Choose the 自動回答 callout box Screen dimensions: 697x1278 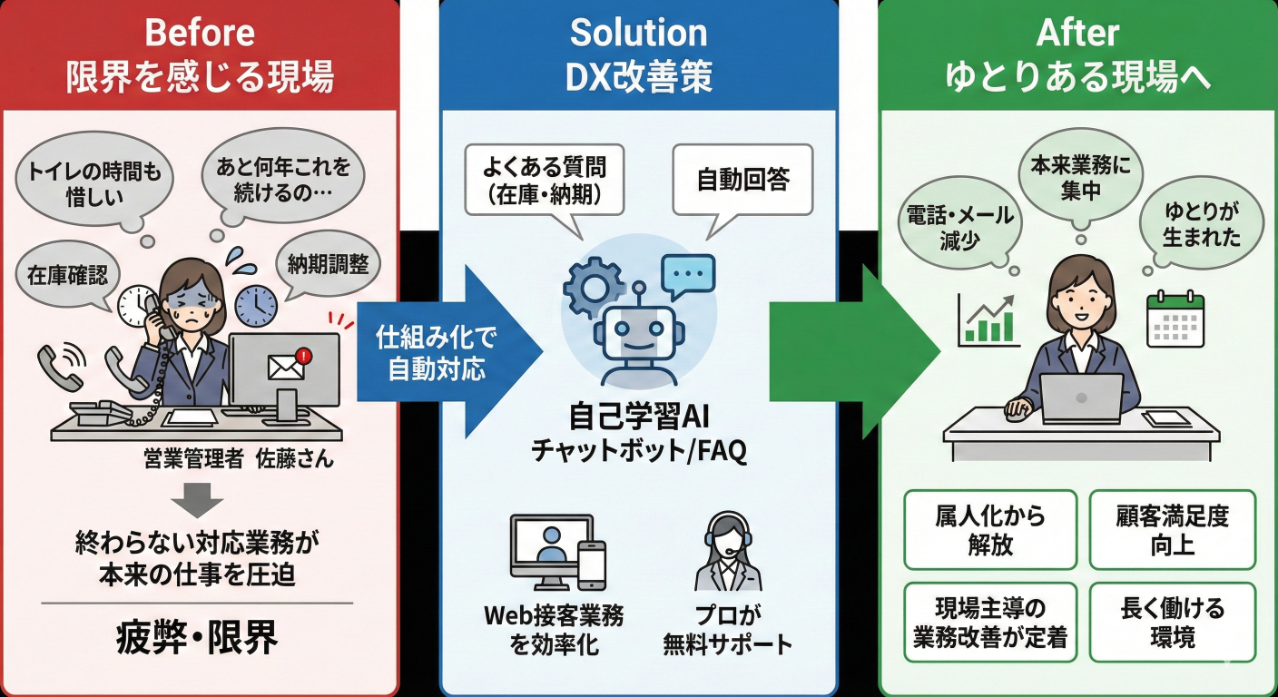743,179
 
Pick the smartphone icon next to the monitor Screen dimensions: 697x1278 591,564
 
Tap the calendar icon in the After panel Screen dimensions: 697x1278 1175,319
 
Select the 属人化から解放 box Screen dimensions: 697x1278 990,530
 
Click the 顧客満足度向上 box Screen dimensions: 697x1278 1172,530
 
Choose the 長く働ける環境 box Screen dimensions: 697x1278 1172,622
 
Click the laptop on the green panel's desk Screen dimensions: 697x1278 1081,398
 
